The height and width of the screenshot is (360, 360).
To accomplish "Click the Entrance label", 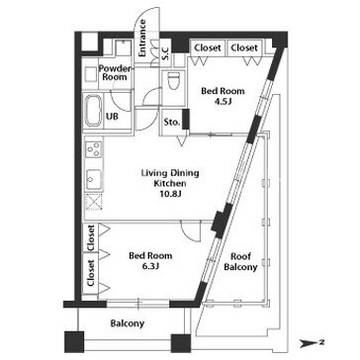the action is click(142, 38).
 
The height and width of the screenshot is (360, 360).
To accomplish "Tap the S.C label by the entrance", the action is click(166, 52).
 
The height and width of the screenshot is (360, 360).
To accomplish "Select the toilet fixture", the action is click(174, 81).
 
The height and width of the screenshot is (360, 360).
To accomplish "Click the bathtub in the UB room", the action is click(93, 111).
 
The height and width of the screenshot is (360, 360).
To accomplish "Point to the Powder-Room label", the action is click(115, 73).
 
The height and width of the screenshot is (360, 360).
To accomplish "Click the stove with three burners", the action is click(94, 149).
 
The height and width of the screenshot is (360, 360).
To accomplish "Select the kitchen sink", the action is click(94, 180).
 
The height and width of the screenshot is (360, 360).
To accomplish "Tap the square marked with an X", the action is click(94, 202).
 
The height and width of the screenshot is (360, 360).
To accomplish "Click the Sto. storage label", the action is click(172, 123).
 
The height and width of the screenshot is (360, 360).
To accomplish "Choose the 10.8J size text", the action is click(170, 194).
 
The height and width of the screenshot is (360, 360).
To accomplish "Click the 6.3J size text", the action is click(151, 266).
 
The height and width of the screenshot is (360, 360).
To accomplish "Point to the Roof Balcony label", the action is click(240, 262).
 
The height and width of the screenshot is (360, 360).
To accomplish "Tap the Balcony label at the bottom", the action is click(128, 323).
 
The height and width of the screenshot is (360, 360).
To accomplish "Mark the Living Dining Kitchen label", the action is click(170, 178).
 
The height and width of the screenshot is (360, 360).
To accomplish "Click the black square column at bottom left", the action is click(74, 342).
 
